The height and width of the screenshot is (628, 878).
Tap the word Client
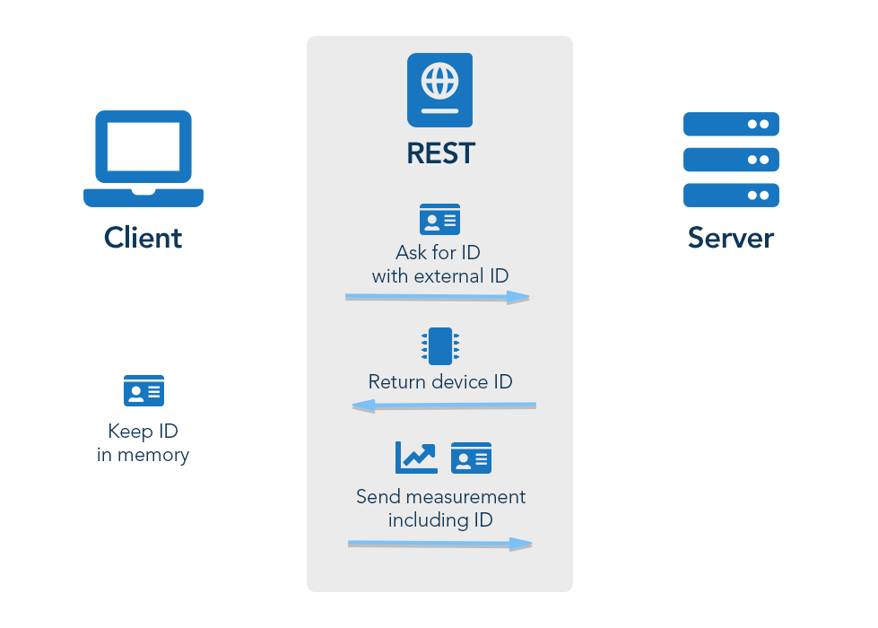143,238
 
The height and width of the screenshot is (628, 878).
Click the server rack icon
731,160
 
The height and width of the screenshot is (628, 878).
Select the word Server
731,238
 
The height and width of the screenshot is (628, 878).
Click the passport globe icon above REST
439,90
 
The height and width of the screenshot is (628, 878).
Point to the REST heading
439,153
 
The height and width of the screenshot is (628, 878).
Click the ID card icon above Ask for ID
439,219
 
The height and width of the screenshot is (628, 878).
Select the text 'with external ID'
439,276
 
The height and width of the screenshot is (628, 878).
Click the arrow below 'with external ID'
438,297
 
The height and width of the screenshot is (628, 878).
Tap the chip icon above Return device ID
439,346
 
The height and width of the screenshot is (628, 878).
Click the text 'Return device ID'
439,382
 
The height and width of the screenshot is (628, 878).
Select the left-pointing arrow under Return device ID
444,406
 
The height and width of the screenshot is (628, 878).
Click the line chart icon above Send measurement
416,458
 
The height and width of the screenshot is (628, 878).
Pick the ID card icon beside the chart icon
471,458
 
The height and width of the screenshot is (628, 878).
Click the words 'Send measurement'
440,497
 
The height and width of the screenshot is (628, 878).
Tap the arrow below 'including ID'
439,544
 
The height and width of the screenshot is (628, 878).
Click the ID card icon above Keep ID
143,391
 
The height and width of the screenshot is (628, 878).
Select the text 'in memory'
143,455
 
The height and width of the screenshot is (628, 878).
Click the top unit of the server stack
731,124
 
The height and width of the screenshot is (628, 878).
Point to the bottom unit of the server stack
731,195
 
